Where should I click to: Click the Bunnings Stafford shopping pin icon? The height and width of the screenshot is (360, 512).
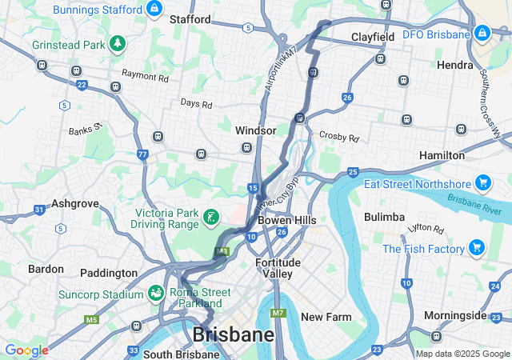[x=154, y=9]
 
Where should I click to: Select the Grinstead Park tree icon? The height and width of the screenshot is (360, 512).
[x=118, y=43]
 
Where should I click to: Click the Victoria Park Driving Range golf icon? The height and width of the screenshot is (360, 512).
[x=210, y=218]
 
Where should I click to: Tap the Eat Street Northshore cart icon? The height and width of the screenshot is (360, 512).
[x=482, y=183]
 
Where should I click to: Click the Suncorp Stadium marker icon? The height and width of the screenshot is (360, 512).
[x=154, y=294]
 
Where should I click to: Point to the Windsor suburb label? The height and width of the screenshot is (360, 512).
[x=256, y=130]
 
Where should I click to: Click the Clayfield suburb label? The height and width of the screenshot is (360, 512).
[x=374, y=37]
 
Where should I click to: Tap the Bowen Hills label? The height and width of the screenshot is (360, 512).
[x=286, y=220]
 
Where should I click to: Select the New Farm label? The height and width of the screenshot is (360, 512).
[x=326, y=317]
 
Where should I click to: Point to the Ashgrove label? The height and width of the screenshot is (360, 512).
[x=74, y=204]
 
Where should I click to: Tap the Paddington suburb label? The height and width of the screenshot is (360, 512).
[x=109, y=273]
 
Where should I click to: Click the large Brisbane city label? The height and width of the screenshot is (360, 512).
[x=233, y=334]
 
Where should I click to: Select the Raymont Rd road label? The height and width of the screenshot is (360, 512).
[x=145, y=78]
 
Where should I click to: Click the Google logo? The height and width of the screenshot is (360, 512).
[x=26, y=350]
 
